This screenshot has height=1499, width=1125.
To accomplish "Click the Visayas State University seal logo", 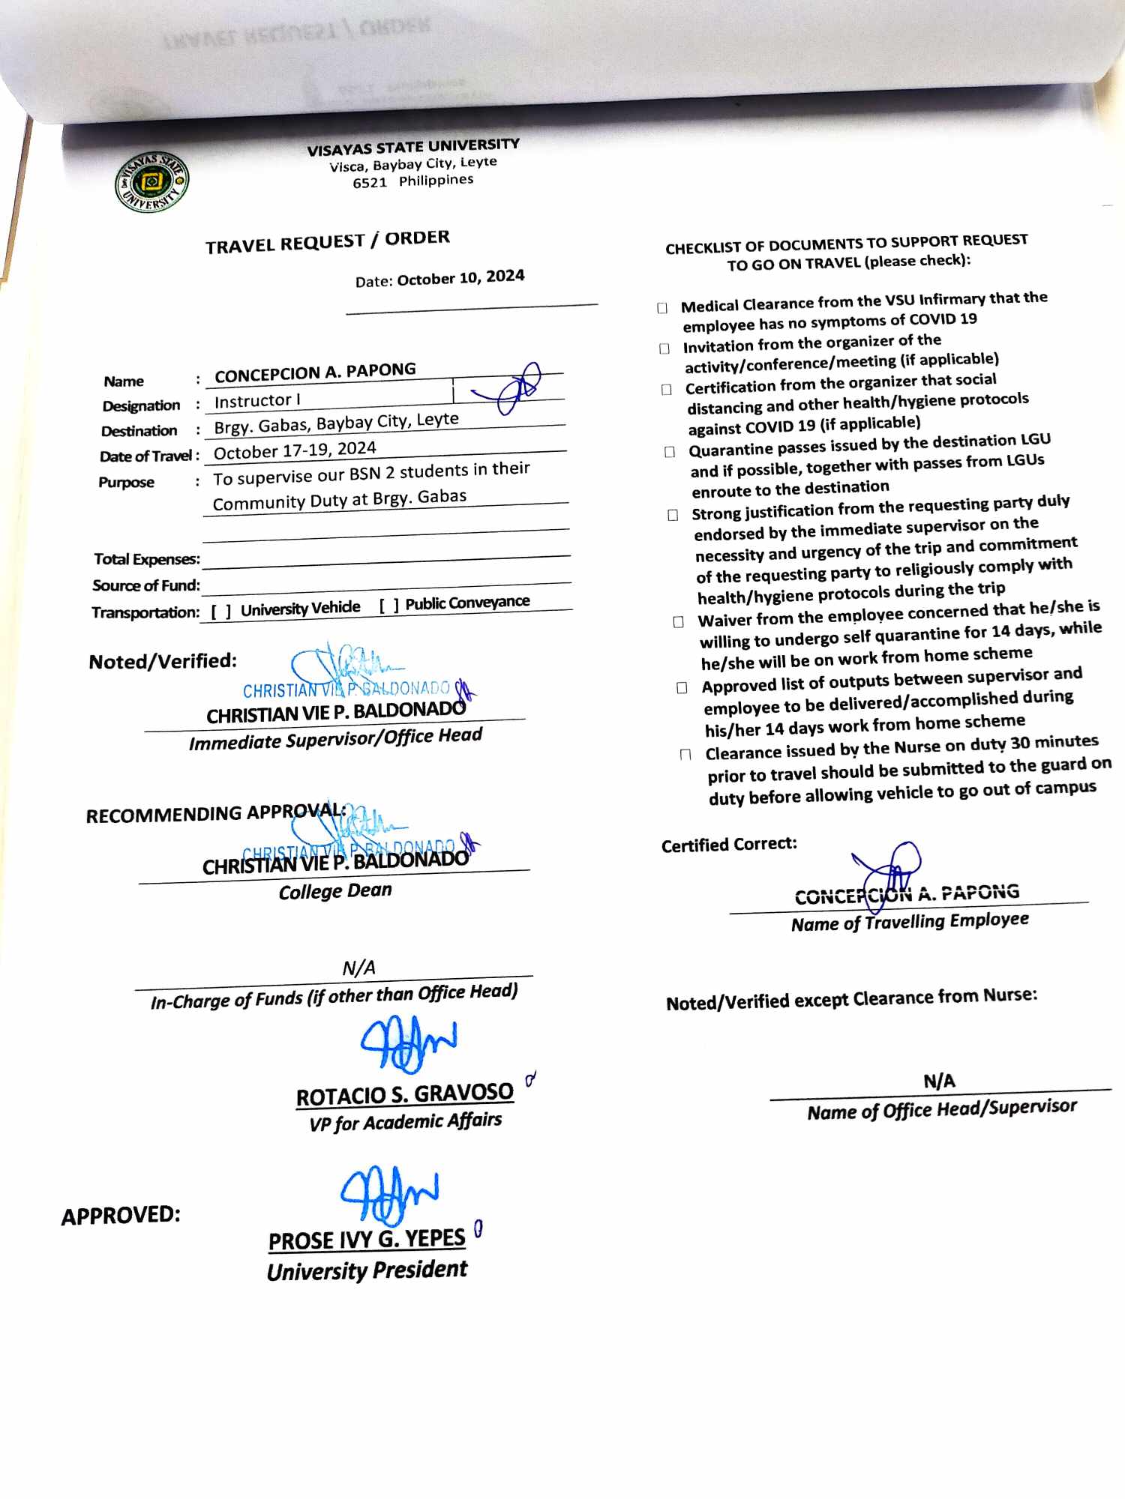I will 151,182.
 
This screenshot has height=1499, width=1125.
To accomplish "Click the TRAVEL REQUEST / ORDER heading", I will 328,242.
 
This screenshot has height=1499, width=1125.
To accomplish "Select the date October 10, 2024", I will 460,277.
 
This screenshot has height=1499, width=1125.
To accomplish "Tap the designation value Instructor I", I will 257,401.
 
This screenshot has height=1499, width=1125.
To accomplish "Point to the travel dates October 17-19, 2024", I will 295,450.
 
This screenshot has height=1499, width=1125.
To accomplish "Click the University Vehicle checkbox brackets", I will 220,612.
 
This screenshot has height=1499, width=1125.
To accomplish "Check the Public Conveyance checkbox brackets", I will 388,606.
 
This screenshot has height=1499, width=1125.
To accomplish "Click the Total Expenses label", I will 147,559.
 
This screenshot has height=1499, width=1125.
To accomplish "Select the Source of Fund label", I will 146,585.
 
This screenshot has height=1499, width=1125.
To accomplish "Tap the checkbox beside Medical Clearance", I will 662,308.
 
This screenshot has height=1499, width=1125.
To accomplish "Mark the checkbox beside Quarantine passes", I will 670,452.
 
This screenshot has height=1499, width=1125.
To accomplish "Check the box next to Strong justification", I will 673,515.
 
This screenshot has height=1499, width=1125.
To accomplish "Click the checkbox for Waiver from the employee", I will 678,622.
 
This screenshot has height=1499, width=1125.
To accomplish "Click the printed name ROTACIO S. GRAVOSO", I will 405,1095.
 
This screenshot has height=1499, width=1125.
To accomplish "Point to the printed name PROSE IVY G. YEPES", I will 367,1240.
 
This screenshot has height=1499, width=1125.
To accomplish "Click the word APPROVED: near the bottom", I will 121,1216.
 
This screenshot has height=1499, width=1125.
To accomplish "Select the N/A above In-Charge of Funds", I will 358,968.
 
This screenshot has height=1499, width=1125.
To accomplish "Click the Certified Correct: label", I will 729,845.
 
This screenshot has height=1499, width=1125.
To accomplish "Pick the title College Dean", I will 335,891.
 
